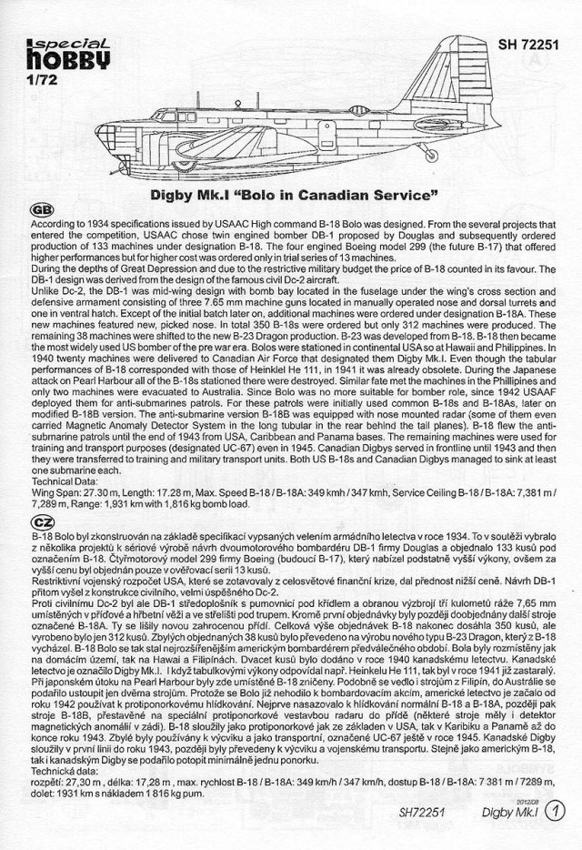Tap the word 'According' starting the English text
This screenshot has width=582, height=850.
(57, 222)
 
